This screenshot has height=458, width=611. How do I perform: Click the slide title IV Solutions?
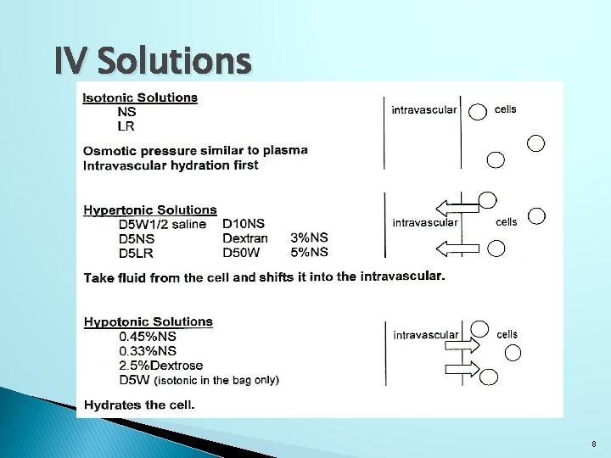153,61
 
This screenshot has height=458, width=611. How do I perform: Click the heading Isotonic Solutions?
140,97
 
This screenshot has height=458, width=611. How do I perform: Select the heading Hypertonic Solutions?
150,209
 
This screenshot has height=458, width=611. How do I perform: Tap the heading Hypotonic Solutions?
149,321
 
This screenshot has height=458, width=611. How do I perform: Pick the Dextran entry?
244,238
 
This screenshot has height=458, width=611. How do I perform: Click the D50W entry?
241,252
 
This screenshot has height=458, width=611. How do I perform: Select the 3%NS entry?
309,238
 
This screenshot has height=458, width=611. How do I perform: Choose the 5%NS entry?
309,252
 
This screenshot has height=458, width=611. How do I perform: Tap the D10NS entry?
244,224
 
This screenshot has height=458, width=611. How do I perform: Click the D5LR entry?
140,253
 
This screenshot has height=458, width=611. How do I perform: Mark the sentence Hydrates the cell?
139,405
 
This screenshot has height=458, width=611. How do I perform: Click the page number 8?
594,444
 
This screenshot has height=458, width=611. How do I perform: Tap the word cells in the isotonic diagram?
505,109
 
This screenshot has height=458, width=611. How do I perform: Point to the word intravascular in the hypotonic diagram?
426,335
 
